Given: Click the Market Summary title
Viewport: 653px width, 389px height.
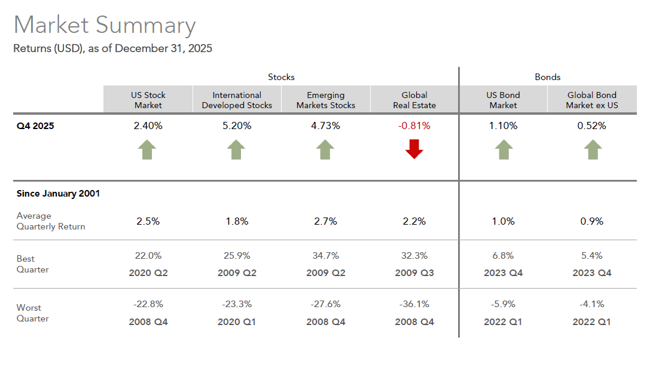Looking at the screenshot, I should pos(105,26).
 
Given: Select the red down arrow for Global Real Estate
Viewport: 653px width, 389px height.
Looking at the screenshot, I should pos(414,149).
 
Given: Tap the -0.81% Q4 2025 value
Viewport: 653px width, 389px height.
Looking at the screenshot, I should pos(414,126).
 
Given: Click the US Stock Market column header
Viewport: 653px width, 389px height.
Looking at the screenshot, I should pos(148,100).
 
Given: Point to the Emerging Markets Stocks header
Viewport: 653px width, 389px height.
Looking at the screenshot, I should pos(325,100).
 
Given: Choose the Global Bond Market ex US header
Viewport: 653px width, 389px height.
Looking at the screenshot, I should pos(591,100).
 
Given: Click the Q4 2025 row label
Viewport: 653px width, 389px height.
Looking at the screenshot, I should pos(35,126).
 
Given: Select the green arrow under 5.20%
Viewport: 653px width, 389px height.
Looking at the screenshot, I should pos(237,149).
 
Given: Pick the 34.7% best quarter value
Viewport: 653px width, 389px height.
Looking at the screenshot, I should pos(325,256).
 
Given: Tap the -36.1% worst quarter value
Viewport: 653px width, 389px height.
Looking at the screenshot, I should pos(414,304).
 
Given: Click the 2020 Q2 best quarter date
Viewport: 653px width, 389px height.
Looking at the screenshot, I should pos(148,273).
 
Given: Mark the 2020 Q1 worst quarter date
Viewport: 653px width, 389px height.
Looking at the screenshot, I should pos(237,322).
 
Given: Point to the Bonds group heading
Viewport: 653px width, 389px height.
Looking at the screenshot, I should pos(547,77).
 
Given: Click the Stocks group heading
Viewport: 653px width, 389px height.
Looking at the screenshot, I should pos(281,77).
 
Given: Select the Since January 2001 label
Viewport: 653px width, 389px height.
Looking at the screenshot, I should pos(58,194).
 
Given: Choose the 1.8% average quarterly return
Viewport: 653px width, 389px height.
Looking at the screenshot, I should pos(237,221).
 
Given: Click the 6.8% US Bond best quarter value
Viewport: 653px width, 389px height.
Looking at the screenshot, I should pos(503,256).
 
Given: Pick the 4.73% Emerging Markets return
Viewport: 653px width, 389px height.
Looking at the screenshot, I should pos(325,126).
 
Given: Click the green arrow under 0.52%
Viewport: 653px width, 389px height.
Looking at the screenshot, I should pos(592,149).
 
